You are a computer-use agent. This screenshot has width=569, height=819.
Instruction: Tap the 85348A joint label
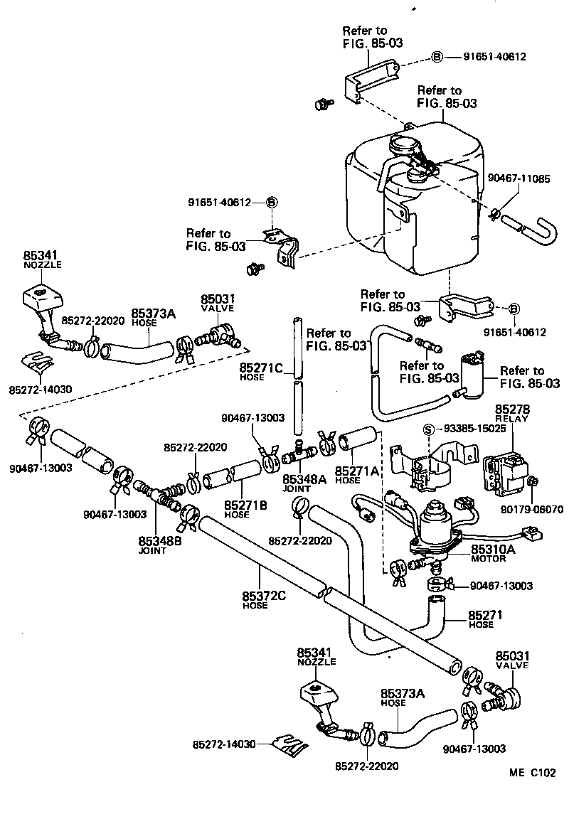coord(304,480)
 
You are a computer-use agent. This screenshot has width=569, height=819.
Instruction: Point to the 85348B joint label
coord(160,542)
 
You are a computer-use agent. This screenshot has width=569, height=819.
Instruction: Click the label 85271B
coord(245,505)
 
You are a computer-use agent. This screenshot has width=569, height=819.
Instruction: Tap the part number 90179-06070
coord(531,509)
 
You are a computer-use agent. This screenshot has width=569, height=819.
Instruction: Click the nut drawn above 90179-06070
coord(533,484)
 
